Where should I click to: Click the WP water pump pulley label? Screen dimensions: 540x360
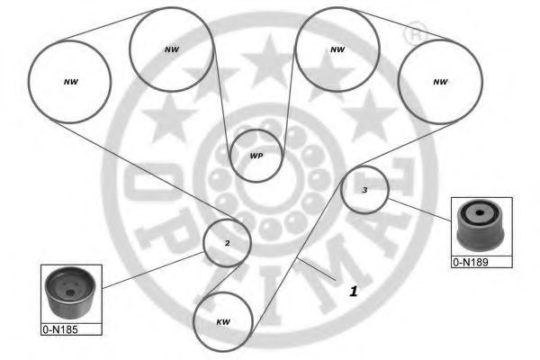256,156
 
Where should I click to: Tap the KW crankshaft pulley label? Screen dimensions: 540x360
223,322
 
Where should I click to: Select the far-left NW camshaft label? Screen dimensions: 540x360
71,82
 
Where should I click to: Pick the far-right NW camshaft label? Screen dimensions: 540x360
440,82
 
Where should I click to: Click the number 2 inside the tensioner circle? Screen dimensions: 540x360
228,243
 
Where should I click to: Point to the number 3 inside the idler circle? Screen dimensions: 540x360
364,190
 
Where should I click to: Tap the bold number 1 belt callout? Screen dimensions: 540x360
354,292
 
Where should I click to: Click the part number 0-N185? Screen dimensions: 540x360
60,329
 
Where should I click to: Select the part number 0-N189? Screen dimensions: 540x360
471,263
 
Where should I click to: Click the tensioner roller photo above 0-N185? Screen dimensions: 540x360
70,292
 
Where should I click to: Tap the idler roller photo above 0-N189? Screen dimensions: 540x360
481,226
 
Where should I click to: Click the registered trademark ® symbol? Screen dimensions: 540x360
415,33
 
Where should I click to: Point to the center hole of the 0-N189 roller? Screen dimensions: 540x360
479,213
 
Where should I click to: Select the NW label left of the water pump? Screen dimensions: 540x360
172,49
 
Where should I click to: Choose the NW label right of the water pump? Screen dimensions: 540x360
337,49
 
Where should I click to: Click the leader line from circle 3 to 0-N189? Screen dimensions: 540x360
419,210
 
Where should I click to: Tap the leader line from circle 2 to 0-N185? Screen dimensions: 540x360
153,270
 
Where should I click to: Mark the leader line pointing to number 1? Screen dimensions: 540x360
316,269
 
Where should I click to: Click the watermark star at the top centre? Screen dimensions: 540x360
270,61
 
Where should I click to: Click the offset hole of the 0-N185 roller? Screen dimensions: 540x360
70,292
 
